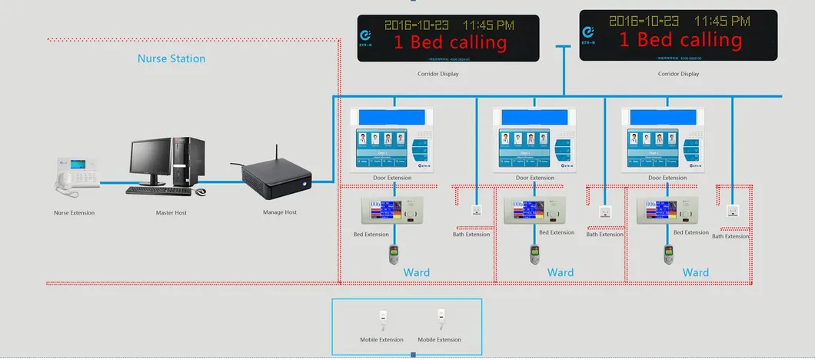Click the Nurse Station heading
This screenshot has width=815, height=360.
click(x=171, y=58)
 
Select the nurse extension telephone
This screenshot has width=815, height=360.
click(x=77, y=173)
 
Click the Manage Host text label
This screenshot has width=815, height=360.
click(x=280, y=212)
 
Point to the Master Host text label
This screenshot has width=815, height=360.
click(x=171, y=212)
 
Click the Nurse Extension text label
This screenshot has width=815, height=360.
click(x=75, y=212)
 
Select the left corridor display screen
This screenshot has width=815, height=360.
click(x=447, y=38)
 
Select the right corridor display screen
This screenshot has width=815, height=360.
click(x=678, y=35)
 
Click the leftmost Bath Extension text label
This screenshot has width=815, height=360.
click(x=471, y=235)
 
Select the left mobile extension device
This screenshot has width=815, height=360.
click(x=381, y=318)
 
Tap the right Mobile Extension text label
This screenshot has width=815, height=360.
click(x=439, y=339)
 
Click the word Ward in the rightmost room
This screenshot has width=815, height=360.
click(x=695, y=272)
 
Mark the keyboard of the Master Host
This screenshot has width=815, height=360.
click(x=158, y=190)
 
